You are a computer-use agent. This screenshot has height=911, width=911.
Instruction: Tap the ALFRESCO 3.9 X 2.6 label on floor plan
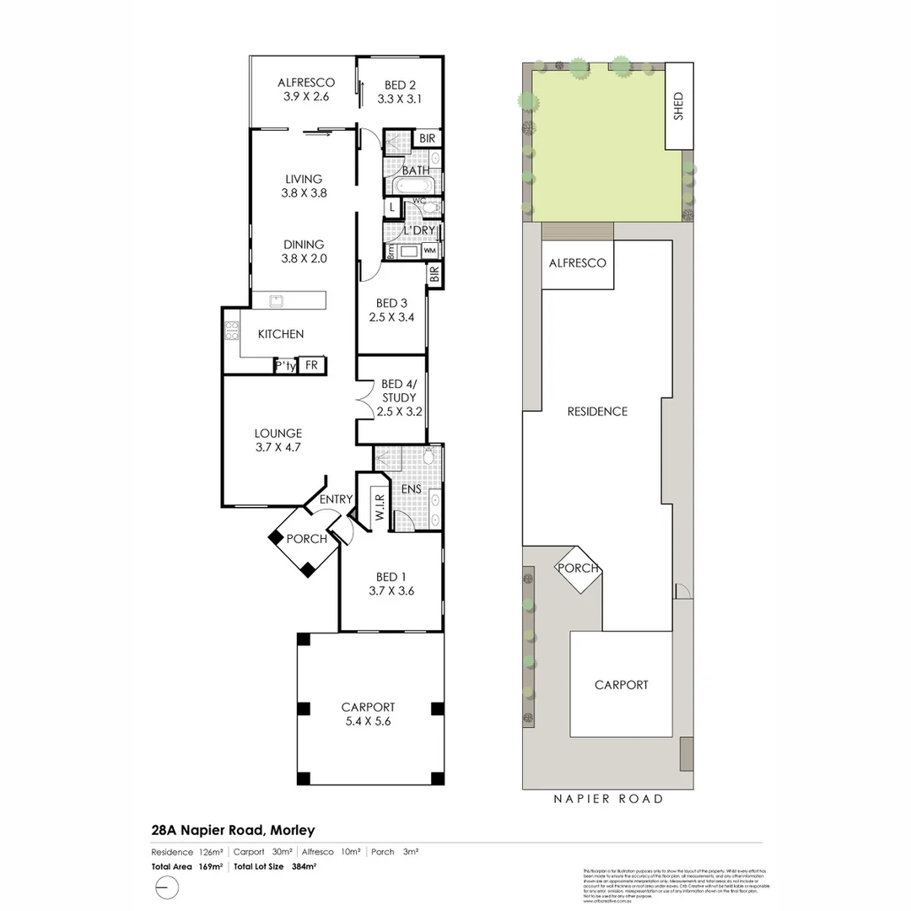pyautogui.click(x=306, y=89)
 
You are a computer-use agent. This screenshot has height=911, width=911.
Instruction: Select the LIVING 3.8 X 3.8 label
pyautogui.click(x=304, y=186)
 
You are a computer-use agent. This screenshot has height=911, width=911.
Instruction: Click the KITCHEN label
pyautogui.click(x=281, y=334)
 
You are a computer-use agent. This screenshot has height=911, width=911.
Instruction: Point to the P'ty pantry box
pyautogui.click(x=285, y=366)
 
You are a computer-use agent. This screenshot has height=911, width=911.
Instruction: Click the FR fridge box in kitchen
pyautogui.click(x=311, y=365)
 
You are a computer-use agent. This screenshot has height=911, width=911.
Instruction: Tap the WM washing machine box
pyautogui.click(x=429, y=251)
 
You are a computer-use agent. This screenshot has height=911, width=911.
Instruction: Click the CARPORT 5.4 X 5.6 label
pyautogui.click(x=368, y=714)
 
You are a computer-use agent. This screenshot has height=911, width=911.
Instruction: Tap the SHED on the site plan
pyautogui.click(x=678, y=106)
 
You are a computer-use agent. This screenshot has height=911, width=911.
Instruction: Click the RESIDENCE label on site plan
pyautogui.click(x=597, y=412)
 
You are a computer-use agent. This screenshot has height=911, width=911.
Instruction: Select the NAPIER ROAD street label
pyautogui.click(x=607, y=799)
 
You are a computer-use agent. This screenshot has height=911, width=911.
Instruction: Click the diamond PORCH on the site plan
pyautogui.click(x=577, y=569)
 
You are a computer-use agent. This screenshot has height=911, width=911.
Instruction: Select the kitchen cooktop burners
pyautogui.click(x=231, y=331)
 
